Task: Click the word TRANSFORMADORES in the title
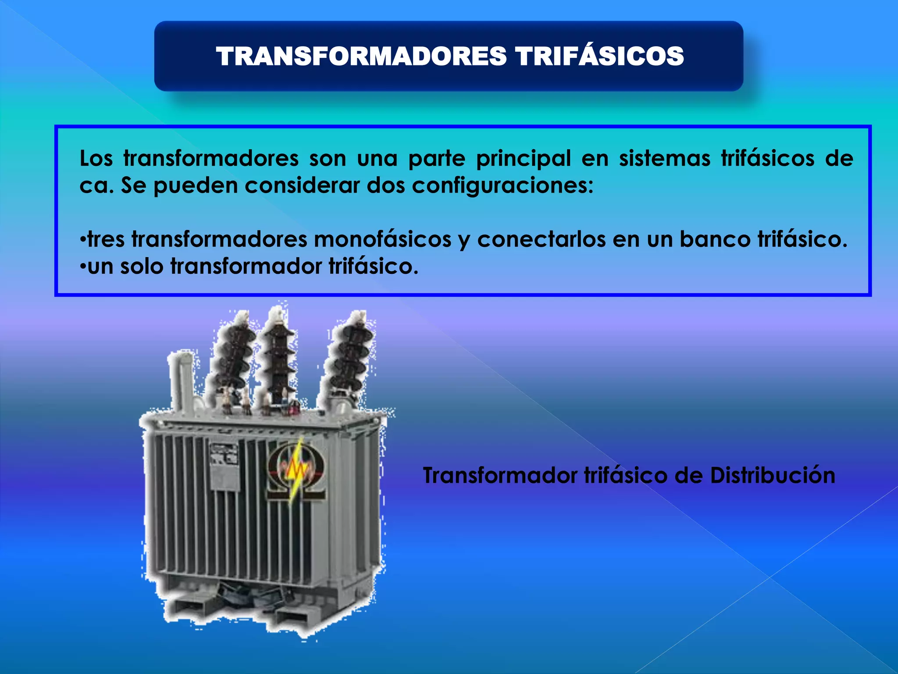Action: pos(361,57)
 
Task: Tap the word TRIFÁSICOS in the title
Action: pos(599,57)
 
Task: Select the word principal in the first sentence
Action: pos(524,159)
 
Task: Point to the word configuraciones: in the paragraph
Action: pos(502,186)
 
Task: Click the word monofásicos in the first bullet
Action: pos(382,240)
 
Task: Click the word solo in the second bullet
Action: pos(141,267)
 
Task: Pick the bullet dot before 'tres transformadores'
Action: pos(82,240)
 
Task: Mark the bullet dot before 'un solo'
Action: pos(82,267)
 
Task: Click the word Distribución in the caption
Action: pos(772,476)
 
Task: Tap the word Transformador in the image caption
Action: pos(500,476)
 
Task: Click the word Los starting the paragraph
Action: pos(96,158)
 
